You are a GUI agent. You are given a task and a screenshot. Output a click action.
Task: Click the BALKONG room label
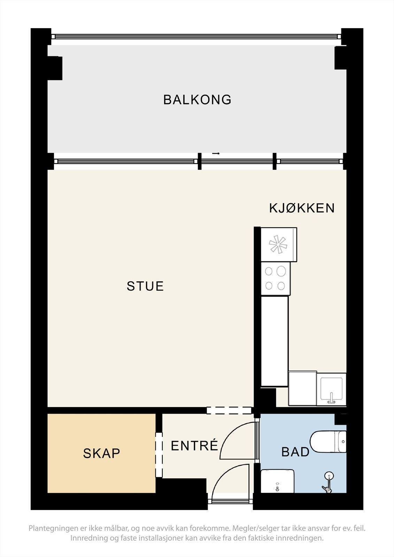(x=197, y=100)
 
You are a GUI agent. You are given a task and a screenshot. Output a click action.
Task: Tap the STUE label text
(x=145, y=286)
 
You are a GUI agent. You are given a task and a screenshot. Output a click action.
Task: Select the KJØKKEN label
(x=302, y=208)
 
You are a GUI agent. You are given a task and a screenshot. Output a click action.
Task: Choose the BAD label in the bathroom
(x=295, y=452)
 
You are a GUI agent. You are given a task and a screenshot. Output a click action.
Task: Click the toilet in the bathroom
(x=328, y=442)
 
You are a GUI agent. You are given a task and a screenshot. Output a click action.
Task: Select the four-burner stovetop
(x=275, y=279)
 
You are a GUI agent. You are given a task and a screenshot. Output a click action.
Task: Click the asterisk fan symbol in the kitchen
(x=278, y=245)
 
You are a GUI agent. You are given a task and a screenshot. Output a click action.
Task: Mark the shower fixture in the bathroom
(x=328, y=482)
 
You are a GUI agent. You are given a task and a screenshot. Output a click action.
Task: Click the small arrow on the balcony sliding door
(x=216, y=154)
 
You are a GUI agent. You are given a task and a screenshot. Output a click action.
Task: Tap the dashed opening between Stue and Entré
(x=229, y=410)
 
